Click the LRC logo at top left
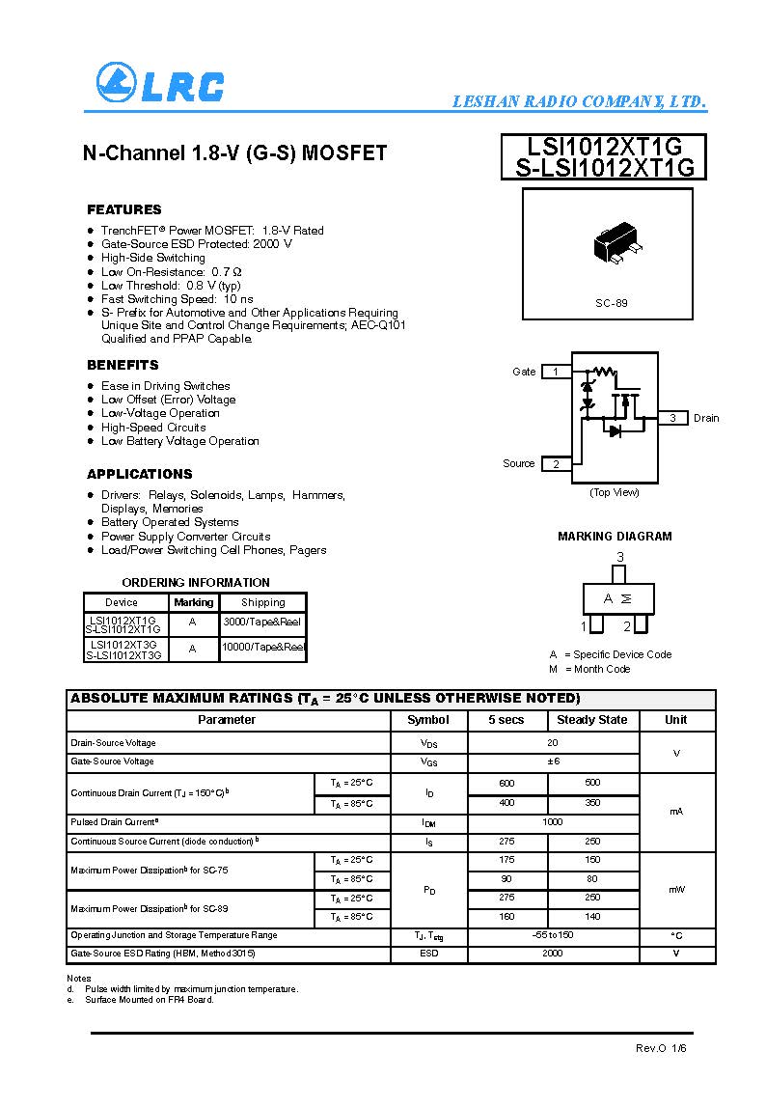160,84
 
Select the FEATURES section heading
124,209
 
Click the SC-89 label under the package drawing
611,303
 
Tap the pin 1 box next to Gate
556,372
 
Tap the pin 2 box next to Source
556,464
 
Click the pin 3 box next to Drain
672,418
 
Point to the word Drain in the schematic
706,418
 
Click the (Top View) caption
615,492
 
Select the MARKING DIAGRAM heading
615,537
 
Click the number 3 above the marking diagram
620,557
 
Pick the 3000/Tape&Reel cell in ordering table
262,623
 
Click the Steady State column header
591,720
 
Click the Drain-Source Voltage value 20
552,743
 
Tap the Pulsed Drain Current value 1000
552,822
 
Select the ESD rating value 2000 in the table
552,954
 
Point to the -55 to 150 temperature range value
552,935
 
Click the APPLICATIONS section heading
140,474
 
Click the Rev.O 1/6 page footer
661,1048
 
